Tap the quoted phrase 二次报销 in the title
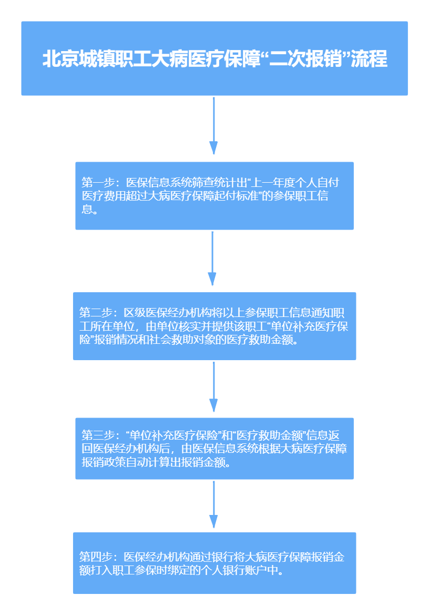click(307, 59)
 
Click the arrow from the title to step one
click(213, 125)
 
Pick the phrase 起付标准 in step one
click(237, 195)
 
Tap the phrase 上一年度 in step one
click(272, 182)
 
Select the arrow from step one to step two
click(212, 258)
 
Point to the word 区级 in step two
click(135, 313)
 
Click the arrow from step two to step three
click(213, 386)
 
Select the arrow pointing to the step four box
click(213, 504)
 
